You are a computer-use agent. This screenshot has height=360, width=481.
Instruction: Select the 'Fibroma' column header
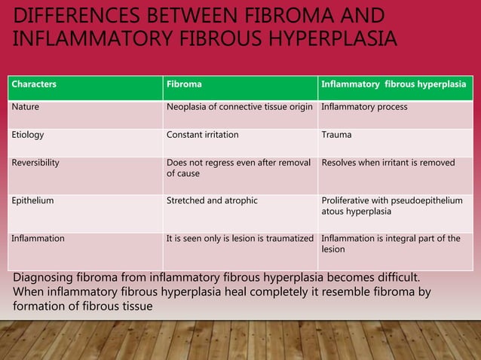tap(183, 84)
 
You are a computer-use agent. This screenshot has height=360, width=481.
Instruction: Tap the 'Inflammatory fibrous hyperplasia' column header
tap(393, 84)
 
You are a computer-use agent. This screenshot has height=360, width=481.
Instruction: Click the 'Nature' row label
tap(25, 107)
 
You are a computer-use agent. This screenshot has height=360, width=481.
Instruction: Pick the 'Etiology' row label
tap(27, 135)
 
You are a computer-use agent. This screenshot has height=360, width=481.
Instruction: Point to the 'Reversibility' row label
tap(35, 162)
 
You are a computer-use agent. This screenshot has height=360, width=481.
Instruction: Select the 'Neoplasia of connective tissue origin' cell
tap(239, 107)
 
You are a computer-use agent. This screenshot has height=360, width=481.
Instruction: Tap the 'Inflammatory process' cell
tap(364, 107)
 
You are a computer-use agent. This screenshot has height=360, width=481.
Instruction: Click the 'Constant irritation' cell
tap(202, 135)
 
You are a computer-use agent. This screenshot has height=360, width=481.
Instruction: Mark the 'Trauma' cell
tap(336, 135)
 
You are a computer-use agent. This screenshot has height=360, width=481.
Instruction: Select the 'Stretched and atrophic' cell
tap(211, 201)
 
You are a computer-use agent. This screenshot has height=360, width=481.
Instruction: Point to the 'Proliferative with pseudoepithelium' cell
tap(391, 206)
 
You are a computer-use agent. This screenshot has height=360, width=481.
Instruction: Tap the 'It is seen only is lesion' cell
tap(239, 239)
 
